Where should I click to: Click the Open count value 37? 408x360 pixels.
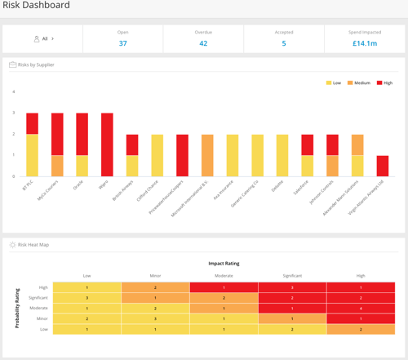[x=122, y=43]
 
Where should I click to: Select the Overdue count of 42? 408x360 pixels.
[x=203, y=43]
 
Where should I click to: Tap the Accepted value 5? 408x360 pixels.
[x=283, y=43]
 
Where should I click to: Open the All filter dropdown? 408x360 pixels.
[x=43, y=38]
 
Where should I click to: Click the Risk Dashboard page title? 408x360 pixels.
[x=37, y=6]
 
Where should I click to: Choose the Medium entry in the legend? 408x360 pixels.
[x=360, y=82]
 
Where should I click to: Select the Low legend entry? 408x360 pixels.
[x=335, y=82]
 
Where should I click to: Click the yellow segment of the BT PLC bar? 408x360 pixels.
[x=32, y=155]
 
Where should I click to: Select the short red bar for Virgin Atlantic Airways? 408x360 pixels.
[x=383, y=166]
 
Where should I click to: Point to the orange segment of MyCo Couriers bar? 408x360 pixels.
[x=57, y=166]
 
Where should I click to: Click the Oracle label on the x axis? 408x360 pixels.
[x=78, y=184]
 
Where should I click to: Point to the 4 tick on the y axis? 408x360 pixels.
[x=14, y=91]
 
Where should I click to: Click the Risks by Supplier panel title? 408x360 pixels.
[x=36, y=64]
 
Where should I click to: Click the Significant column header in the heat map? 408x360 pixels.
[x=291, y=276]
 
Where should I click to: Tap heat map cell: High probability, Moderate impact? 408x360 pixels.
[x=223, y=287]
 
